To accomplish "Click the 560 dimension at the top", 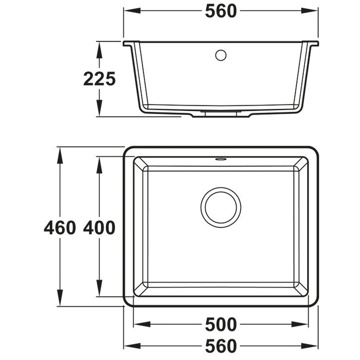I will click(x=221, y=11).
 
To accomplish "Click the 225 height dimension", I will click(x=99, y=79).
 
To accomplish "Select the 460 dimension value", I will click(x=60, y=228).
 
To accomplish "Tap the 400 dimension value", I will click(x=99, y=228).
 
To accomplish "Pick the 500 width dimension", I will click(x=221, y=324).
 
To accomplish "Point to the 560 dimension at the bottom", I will click(x=221, y=346).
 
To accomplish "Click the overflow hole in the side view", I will click(x=221, y=55).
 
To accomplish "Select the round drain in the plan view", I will click(x=221, y=207).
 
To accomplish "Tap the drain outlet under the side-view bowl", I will click(x=221, y=114).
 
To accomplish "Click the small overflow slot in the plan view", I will click(x=221, y=158).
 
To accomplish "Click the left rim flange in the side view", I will click(x=128, y=44).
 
